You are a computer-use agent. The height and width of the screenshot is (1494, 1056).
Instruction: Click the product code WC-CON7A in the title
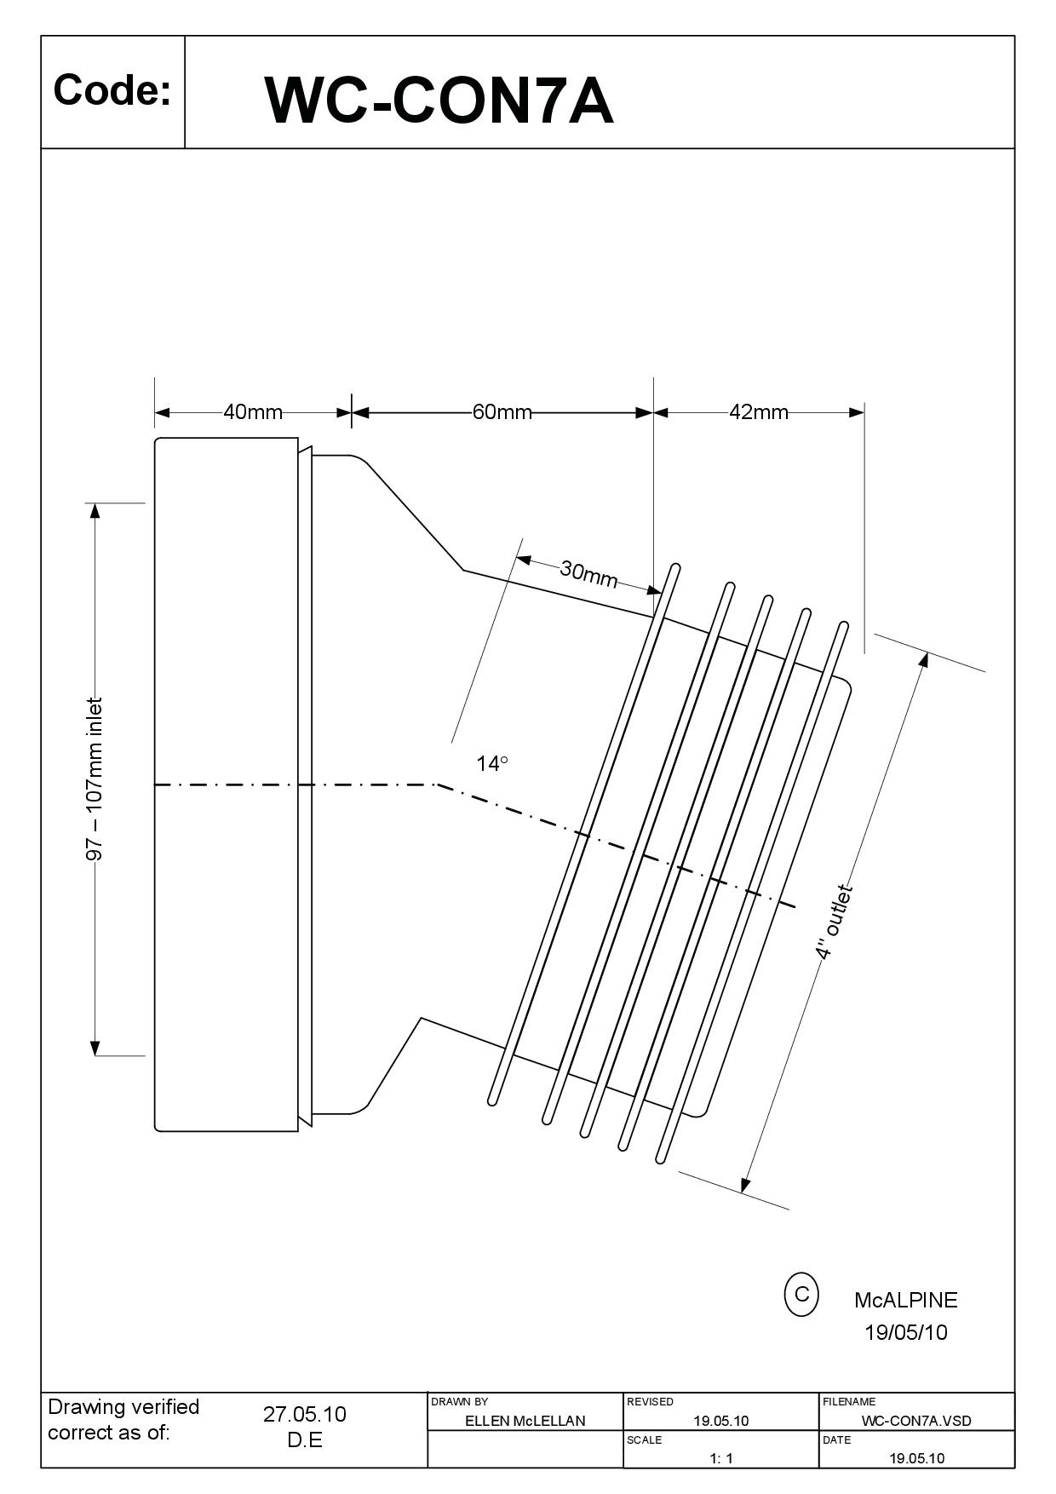(439, 101)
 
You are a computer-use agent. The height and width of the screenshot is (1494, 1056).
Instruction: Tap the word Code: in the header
(112, 90)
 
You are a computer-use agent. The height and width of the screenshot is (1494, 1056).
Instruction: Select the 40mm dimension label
(253, 412)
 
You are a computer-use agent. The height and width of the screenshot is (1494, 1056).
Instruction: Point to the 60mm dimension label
(502, 412)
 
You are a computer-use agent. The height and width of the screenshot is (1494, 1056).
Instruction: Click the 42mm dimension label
(759, 412)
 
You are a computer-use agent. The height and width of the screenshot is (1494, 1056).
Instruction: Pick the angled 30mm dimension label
(588, 574)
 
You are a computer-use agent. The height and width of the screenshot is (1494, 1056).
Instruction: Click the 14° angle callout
(491, 764)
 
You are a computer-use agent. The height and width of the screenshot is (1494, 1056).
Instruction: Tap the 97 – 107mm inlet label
(95, 779)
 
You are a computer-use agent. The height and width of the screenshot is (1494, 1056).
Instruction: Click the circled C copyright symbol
(801, 1294)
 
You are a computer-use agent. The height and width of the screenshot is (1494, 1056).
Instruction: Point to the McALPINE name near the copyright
(905, 1300)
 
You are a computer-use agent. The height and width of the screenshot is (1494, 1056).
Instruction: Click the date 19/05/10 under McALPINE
(905, 1332)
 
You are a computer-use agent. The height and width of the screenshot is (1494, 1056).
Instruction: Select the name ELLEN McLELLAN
(525, 1421)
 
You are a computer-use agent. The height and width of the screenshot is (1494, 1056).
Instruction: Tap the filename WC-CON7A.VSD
(916, 1421)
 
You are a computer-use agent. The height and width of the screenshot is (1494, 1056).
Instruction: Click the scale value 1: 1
(720, 1458)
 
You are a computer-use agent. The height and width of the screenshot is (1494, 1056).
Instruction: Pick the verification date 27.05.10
(304, 1414)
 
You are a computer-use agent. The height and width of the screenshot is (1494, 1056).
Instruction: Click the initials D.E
(304, 1440)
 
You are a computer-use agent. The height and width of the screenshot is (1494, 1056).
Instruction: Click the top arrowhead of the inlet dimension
(95, 510)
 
